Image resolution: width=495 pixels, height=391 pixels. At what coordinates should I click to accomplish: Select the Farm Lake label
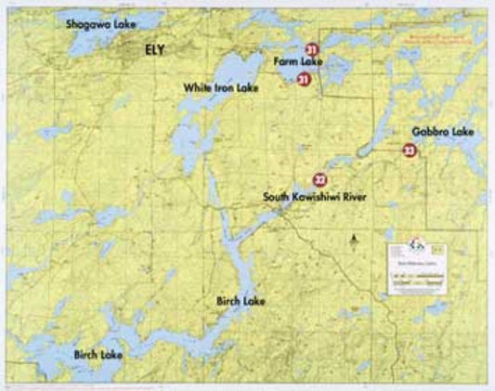click(297, 62)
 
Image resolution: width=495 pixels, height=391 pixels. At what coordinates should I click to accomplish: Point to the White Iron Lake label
click(220, 86)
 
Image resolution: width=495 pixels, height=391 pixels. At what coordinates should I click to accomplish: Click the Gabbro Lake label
click(443, 133)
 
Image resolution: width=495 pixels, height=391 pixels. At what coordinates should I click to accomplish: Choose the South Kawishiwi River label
click(315, 197)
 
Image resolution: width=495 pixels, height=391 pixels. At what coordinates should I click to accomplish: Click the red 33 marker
click(409, 150)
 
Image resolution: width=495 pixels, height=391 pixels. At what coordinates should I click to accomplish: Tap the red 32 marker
click(319, 179)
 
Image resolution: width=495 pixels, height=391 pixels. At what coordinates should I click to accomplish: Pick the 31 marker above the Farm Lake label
click(312, 48)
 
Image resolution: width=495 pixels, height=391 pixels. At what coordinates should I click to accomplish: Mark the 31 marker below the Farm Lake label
click(303, 80)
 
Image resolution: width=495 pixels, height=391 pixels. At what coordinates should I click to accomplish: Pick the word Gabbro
click(434, 133)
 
